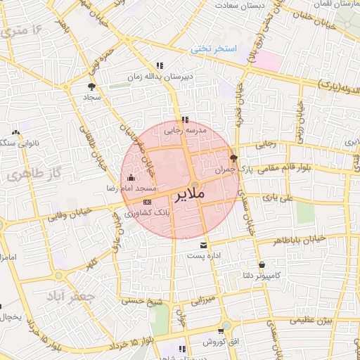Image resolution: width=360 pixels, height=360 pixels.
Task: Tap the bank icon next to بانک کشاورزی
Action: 146,201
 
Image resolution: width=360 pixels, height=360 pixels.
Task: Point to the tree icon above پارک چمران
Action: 234,157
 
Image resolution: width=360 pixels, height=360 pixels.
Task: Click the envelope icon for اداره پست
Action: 204,245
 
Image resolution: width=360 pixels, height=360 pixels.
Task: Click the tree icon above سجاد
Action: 91,86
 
